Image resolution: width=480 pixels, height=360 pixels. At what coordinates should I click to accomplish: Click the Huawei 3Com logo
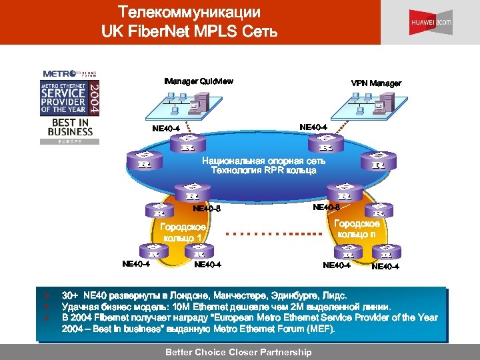coord(431,23)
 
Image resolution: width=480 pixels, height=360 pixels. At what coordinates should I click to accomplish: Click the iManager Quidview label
coord(198,81)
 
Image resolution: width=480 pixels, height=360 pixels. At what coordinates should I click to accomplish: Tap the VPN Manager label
coord(376,83)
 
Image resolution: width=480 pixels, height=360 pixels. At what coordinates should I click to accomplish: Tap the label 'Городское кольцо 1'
coord(183,233)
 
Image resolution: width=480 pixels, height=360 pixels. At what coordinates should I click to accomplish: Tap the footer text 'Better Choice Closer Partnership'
coord(238,352)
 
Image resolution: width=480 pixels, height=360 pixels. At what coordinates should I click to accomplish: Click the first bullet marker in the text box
coord(46,294)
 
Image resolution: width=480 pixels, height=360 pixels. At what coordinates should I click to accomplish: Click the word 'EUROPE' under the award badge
coord(69,142)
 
